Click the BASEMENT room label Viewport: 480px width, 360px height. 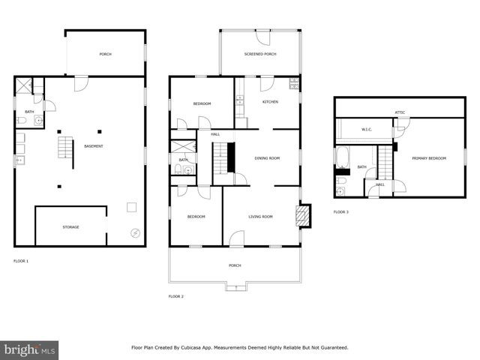(93, 145)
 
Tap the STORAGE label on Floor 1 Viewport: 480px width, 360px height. (70, 226)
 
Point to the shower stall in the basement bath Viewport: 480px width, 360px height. (23, 85)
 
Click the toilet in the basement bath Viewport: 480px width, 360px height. (21, 120)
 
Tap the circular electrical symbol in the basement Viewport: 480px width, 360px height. (135, 232)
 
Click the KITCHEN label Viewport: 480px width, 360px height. (270, 101)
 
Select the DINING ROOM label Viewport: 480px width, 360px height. (267, 158)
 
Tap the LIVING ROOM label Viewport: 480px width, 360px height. (260, 217)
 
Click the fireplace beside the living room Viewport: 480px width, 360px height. (303, 216)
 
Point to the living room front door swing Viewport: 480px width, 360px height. (237, 238)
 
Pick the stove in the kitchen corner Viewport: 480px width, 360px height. (294, 83)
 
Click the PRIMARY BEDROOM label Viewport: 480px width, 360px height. (430, 158)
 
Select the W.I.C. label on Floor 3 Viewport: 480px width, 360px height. (367, 130)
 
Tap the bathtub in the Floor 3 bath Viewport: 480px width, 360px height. (343, 157)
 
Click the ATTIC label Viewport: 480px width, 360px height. (400, 112)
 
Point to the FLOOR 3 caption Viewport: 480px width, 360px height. (341, 212)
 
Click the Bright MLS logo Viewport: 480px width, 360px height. (29, 349)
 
